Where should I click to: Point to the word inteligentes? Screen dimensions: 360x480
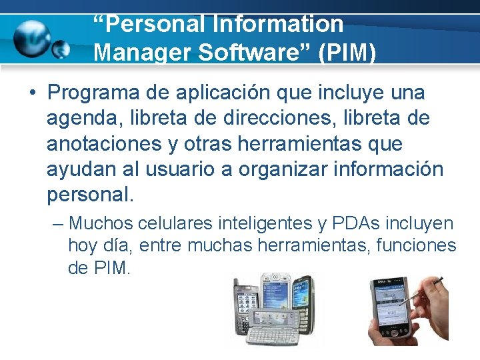tap(269, 223)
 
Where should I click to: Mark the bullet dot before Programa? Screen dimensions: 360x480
tap(31, 93)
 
